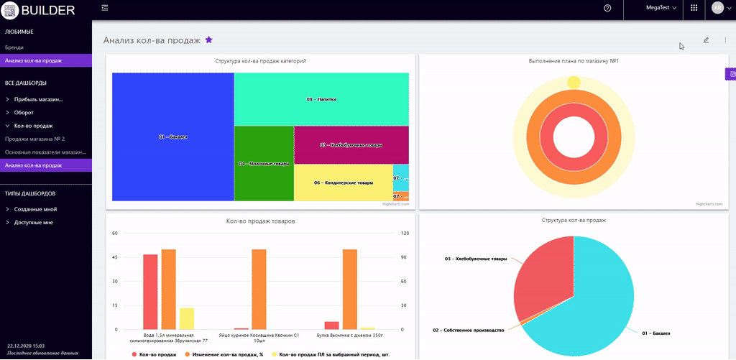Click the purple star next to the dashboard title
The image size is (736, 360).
click(209, 40)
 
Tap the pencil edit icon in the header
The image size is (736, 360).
click(706, 40)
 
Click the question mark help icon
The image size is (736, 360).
click(607, 7)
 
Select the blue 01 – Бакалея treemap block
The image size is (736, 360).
click(172, 137)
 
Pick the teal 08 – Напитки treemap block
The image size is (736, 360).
click(321, 99)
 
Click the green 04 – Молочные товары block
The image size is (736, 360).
click(264, 163)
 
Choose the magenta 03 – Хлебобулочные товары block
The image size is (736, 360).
click(351, 144)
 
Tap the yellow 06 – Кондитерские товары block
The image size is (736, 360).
click(343, 183)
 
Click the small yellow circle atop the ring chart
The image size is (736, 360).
click(574, 83)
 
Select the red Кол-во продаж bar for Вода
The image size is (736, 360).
click(150, 291)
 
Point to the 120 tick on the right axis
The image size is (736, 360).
click(405, 234)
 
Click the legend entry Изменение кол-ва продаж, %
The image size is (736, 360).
click(224, 354)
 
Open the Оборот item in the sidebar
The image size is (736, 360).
click(24, 113)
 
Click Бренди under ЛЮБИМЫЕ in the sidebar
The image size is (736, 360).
click(14, 47)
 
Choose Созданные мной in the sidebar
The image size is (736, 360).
click(35, 209)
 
